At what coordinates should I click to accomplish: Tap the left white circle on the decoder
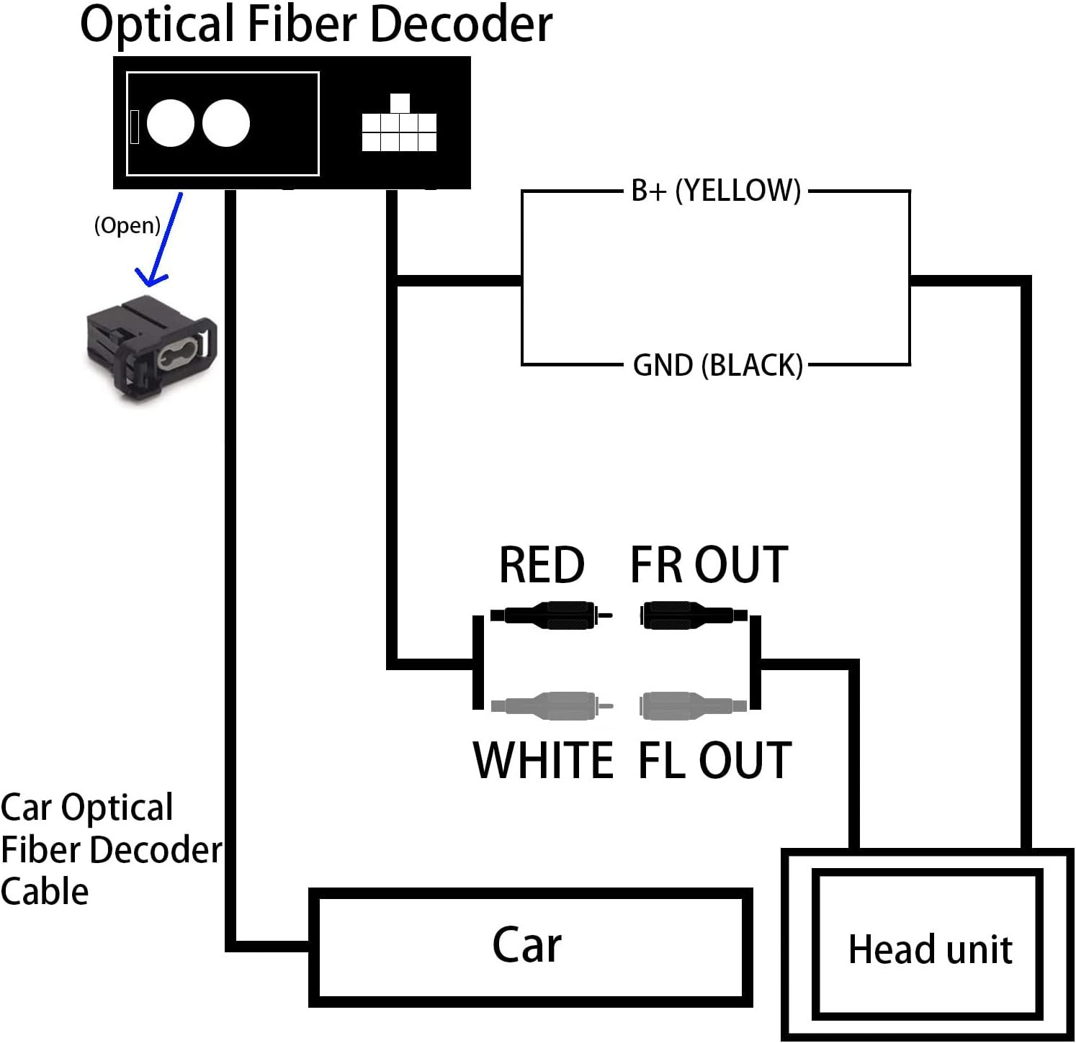pyautogui.click(x=171, y=123)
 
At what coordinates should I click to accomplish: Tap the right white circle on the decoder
pyautogui.click(x=226, y=123)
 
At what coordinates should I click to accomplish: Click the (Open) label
pyautogui.click(x=127, y=225)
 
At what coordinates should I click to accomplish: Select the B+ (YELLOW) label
pyautogui.click(x=716, y=191)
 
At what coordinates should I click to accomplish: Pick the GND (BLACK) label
pyautogui.click(x=717, y=365)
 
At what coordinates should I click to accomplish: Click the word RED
pyautogui.click(x=542, y=565)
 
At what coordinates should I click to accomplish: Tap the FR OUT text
pyautogui.click(x=709, y=565)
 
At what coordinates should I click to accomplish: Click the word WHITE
pyautogui.click(x=543, y=760)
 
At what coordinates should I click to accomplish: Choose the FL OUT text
pyautogui.click(x=714, y=760)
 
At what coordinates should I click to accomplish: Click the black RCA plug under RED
pyautogui.click(x=551, y=615)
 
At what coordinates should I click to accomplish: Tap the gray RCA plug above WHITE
pyautogui.click(x=551, y=705)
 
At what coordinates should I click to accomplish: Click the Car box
pyautogui.click(x=530, y=946)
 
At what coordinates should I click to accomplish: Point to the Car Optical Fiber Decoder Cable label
pyautogui.click(x=108, y=849)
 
